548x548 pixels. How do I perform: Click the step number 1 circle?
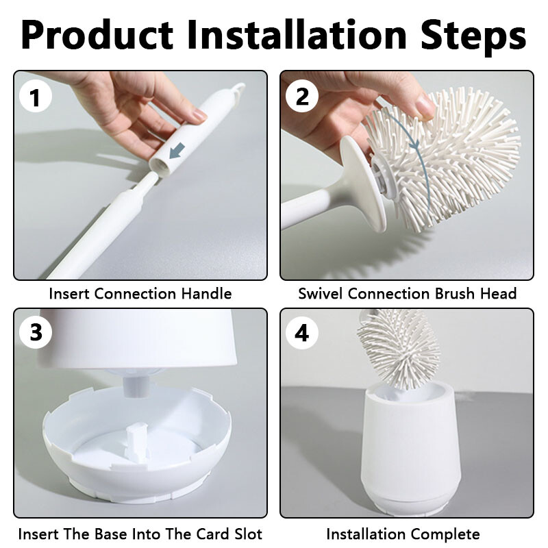(36, 96)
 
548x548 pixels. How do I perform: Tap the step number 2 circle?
(302, 96)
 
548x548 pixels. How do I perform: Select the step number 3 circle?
(36, 332)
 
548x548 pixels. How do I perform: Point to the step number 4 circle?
(302, 332)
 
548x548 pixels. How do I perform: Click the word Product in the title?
(97, 36)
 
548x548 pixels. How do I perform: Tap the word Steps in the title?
(473, 36)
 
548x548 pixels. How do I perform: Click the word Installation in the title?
(297, 35)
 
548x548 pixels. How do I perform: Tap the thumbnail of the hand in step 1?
(199, 114)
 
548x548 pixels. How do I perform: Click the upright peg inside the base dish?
(133, 441)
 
